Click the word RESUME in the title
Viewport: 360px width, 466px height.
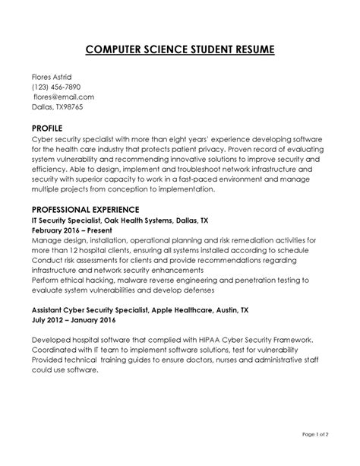245,50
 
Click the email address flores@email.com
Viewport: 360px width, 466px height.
64,97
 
